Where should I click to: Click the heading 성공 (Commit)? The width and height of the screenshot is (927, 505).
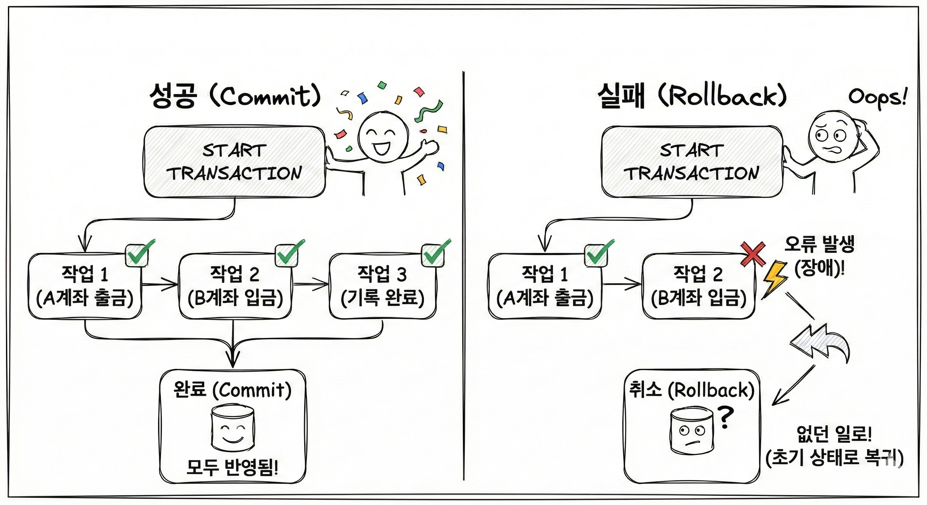click(235, 96)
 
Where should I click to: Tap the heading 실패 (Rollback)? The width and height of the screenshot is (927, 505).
click(692, 96)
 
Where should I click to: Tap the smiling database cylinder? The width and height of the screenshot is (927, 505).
click(232, 428)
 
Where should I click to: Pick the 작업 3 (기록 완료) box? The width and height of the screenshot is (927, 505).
click(382, 286)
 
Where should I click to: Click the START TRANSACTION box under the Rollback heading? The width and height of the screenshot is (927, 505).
click(692, 162)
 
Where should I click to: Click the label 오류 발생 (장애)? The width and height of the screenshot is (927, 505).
click(820, 256)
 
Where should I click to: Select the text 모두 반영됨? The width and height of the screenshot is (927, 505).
click(232, 467)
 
